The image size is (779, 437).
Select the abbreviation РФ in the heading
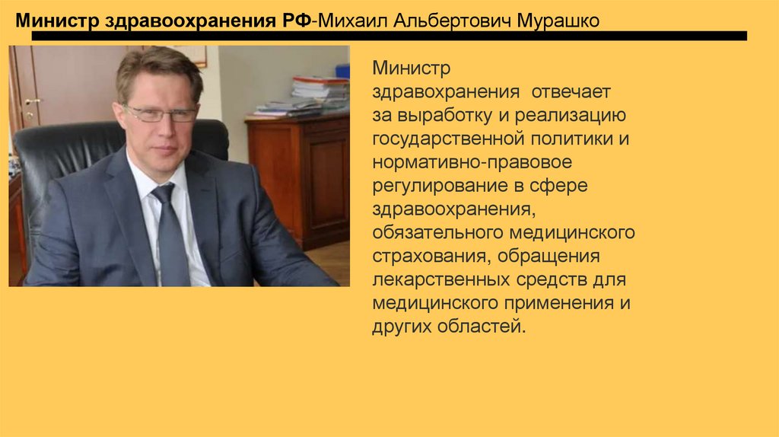[x=295, y=20]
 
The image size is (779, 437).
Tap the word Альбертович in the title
[x=453, y=20]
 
